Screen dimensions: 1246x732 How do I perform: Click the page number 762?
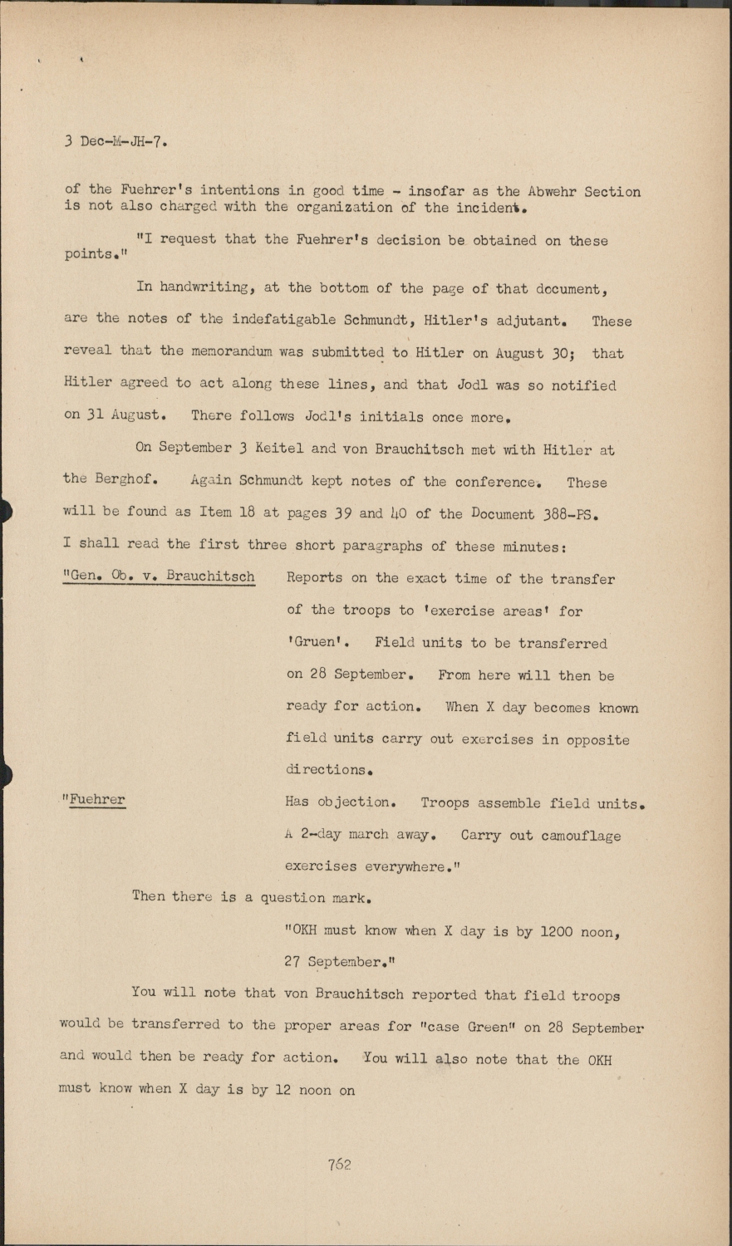point(339,1165)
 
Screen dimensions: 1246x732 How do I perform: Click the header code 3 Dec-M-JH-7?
point(116,141)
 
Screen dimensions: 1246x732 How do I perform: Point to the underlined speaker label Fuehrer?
point(97,800)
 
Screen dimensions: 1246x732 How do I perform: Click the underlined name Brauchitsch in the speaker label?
point(210,576)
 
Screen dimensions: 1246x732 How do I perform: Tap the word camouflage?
point(581,836)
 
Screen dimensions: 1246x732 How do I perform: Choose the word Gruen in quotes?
point(317,642)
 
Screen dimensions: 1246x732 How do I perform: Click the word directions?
point(327,770)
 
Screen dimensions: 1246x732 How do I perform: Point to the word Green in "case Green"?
point(491,1028)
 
